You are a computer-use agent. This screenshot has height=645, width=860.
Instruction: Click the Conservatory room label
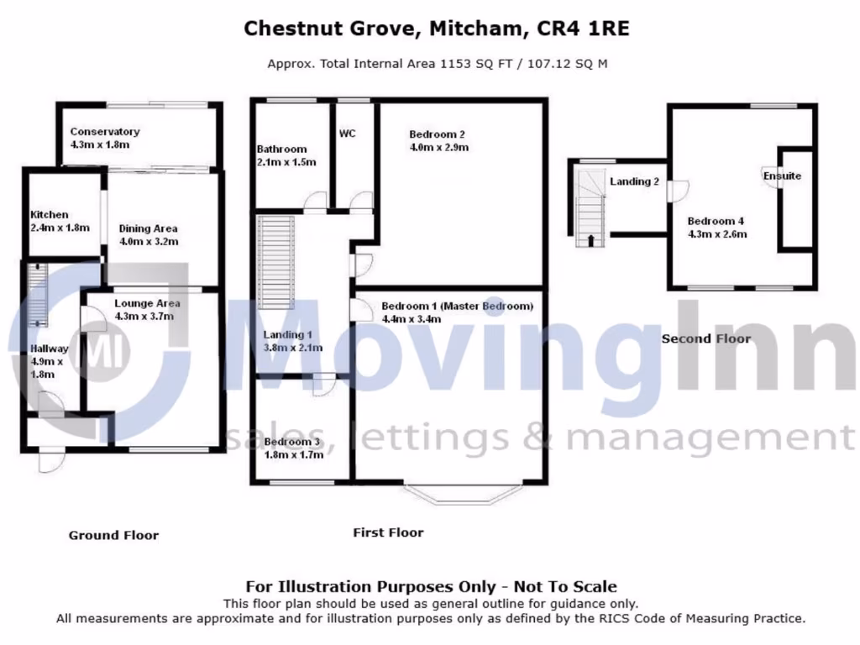point(104,132)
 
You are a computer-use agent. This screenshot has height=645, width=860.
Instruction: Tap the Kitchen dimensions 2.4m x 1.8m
point(60,228)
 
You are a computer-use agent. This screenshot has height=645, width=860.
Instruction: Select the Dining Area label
point(148,228)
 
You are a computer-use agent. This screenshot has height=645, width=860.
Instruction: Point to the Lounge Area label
point(147,303)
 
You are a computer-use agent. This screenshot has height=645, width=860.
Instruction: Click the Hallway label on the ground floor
point(50,349)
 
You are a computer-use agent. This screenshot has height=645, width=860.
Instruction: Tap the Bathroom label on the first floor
point(281,149)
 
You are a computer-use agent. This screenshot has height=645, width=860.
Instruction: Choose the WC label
point(349,134)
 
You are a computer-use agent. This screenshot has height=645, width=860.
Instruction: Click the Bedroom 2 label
point(437,134)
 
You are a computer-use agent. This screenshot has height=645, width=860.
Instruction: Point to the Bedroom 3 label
point(291,442)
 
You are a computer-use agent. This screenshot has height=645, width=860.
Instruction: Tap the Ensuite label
point(782,176)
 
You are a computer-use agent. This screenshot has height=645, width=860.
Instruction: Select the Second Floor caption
point(706,338)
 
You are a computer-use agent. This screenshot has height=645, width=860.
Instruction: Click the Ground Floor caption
point(113,535)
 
